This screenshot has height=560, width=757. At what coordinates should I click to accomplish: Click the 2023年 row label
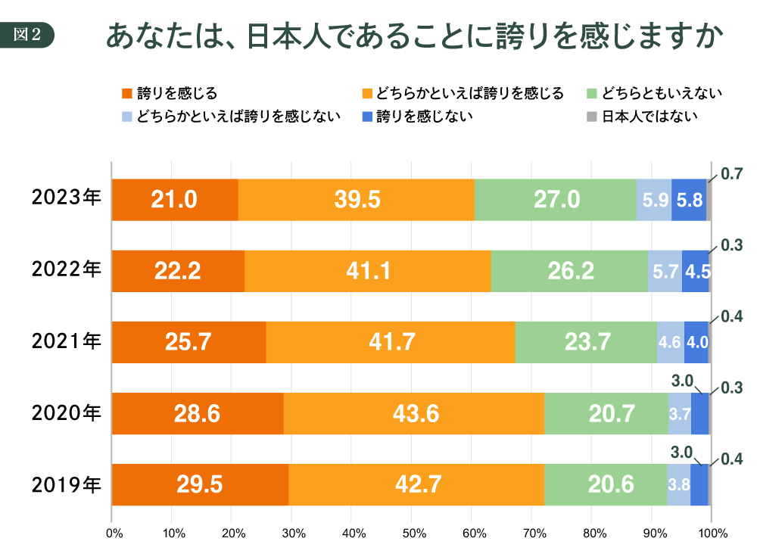point(66,199)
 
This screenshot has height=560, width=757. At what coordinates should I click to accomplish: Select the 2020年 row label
point(66,412)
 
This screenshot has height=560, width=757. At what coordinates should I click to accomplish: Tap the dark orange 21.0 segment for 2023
point(174,200)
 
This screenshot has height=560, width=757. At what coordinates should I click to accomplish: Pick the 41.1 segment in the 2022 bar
point(367,271)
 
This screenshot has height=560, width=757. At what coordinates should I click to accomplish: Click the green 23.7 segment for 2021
point(586,342)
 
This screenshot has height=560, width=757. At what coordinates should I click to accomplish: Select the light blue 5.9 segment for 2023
point(654,200)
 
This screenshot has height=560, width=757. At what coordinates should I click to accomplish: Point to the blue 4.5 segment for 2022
point(695,271)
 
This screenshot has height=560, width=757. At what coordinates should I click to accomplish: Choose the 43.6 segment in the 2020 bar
point(413,413)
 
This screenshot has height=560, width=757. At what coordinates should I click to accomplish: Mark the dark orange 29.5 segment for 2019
point(200,484)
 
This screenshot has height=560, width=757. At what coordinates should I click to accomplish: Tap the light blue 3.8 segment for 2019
point(679,484)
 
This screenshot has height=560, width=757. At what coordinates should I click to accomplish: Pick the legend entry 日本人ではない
point(650,117)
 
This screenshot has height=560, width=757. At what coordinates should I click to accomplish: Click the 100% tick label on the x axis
point(712,534)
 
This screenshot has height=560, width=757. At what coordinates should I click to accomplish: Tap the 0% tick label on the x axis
point(114,534)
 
